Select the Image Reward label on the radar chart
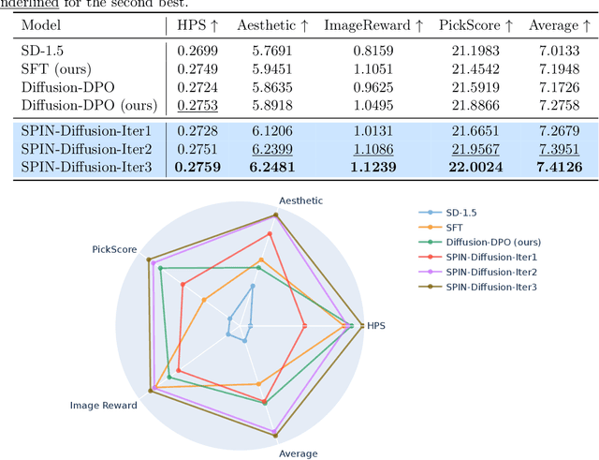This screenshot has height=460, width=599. tap(104, 406)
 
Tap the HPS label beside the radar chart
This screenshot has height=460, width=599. tap(376, 326)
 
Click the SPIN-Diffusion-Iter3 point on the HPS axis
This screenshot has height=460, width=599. tap(364, 325)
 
